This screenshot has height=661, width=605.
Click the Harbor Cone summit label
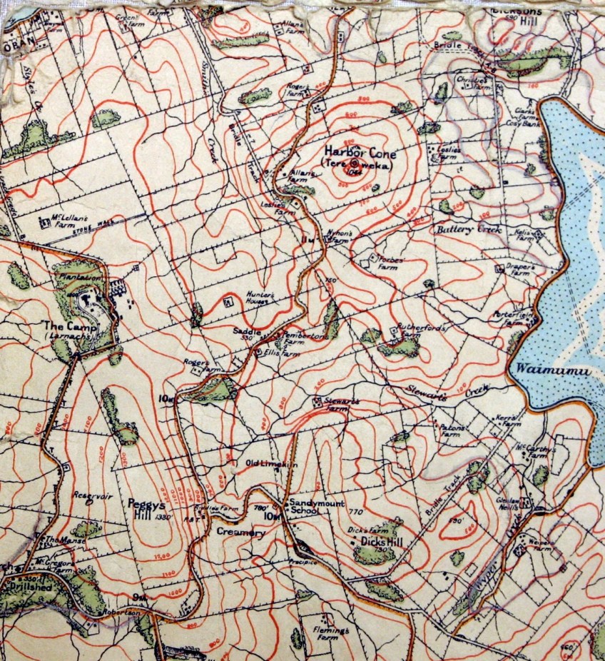(360, 152)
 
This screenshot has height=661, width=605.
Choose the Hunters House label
(260, 298)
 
